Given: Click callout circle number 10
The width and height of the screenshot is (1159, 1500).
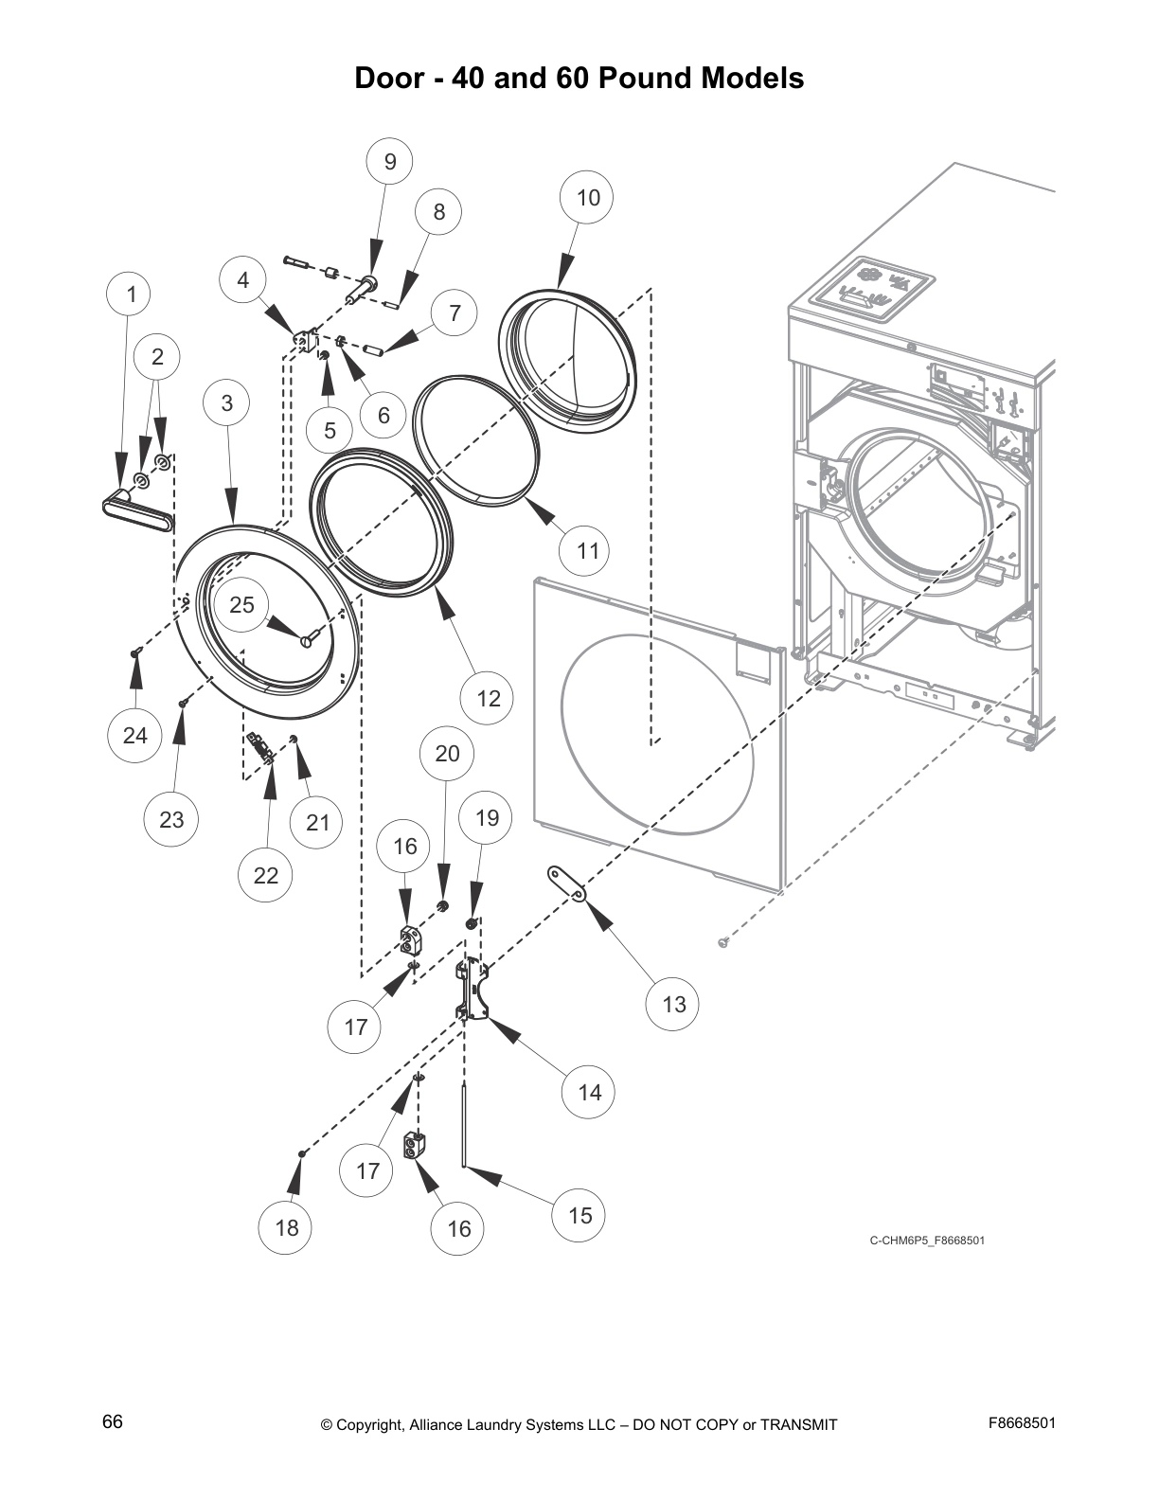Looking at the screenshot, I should click(588, 198).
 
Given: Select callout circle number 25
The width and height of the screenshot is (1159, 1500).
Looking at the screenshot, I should click(242, 605).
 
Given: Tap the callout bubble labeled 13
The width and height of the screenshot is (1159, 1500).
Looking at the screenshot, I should click(674, 1004).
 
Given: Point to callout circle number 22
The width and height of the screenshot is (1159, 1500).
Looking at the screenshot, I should click(266, 875).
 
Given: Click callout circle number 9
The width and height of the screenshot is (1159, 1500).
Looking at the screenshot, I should click(390, 162).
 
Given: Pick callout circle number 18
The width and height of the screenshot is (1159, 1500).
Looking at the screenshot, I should click(287, 1228).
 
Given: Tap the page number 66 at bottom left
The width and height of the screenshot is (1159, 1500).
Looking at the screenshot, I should click(113, 1422).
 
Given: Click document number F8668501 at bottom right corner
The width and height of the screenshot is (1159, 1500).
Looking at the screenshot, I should click(1022, 1423).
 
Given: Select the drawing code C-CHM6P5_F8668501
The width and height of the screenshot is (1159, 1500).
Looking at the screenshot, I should click(927, 1241).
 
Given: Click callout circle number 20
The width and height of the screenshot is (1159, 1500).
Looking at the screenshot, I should click(447, 754).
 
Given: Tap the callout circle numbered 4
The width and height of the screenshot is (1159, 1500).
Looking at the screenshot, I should click(243, 280).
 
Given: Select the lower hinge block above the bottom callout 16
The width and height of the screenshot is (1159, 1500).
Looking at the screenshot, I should click(415, 1146).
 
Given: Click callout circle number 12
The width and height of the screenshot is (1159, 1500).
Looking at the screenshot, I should click(488, 699).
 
